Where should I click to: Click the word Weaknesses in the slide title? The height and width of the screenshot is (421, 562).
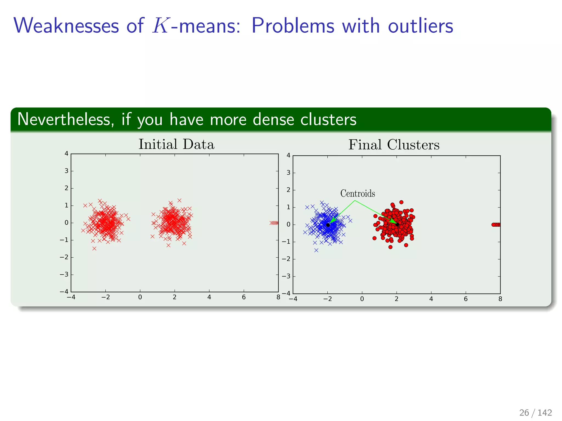pyautogui.click(x=66, y=26)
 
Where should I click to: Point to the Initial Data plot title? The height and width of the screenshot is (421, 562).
pyautogui.click(x=176, y=144)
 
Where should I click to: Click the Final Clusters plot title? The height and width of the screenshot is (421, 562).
pyautogui.click(x=394, y=145)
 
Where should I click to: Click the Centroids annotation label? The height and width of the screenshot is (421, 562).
pyautogui.click(x=358, y=194)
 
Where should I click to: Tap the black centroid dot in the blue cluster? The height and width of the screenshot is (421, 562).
pyautogui.click(x=328, y=225)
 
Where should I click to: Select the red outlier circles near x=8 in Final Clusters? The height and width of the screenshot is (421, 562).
pyautogui.click(x=496, y=225)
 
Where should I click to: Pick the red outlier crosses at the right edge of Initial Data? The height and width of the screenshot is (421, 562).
pyautogui.click(x=274, y=223)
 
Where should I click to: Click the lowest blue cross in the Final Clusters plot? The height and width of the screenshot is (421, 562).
pyautogui.click(x=316, y=250)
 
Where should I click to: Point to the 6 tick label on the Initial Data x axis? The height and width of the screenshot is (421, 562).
pyautogui.click(x=244, y=297)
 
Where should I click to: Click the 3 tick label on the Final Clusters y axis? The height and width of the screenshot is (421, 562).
pyautogui.click(x=288, y=173)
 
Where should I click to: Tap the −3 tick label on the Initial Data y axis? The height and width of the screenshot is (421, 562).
pyautogui.click(x=64, y=275)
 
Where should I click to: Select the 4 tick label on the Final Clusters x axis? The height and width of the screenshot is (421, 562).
pyautogui.click(x=431, y=299)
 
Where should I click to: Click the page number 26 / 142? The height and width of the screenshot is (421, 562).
pyautogui.click(x=535, y=413)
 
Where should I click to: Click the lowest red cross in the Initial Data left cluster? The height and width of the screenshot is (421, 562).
pyautogui.click(x=94, y=249)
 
